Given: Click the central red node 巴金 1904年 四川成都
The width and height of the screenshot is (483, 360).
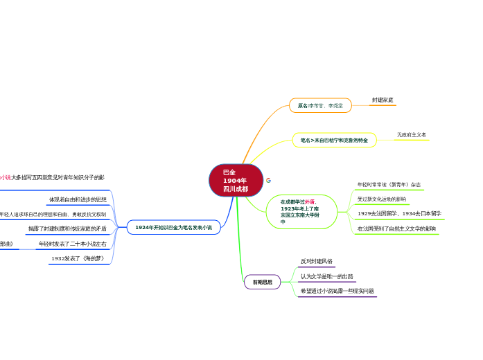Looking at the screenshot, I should pyautogui.click(x=236, y=181).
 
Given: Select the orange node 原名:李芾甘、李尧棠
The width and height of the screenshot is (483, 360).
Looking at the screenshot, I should pyautogui.click(x=320, y=105).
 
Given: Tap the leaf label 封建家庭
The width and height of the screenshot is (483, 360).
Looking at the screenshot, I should pyautogui.click(x=383, y=100).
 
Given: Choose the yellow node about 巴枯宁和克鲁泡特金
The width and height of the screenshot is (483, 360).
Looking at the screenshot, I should pyautogui.click(x=334, y=140).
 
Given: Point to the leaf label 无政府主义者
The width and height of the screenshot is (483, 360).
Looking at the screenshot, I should pyautogui.click(x=412, y=135).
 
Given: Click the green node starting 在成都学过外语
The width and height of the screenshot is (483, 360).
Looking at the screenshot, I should pyautogui.click(x=301, y=212).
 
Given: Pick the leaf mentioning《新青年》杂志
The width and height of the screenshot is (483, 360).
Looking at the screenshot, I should pyautogui.click(x=389, y=185).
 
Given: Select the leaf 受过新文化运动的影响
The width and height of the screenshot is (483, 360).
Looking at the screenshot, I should pyautogui.click(x=382, y=199).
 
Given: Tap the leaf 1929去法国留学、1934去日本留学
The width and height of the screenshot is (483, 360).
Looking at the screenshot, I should pyautogui.click(x=399, y=213).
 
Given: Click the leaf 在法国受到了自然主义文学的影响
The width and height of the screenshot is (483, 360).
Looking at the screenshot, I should pyautogui.click(x=396, y=228).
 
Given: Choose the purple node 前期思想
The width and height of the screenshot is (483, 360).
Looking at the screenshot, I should pyautogui.click(x=262, y=282).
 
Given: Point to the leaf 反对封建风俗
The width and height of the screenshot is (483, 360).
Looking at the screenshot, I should pyautogui.click(x=317, y=262).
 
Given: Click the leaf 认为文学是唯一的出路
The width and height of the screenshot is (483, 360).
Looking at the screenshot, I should pyautogui.click(x=326, y=276).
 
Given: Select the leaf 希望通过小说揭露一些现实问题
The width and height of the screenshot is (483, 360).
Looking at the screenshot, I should pyautogui.click(x=337, y=291).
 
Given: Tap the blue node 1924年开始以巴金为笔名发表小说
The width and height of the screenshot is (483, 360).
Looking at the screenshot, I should pyautogui.click(x=173, y=227).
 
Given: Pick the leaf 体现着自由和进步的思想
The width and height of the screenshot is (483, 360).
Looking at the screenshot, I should pyautogui.click(x=78, y=199).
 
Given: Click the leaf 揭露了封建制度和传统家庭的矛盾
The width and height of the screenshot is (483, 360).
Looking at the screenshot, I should pyautogui.click(x=67, y=228).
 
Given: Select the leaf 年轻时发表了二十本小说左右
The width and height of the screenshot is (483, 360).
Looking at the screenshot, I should pyautogui.click(x=72, y=244).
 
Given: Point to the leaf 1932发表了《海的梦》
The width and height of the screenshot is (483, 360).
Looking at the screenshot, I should pyautogui.click(x=78, y=259).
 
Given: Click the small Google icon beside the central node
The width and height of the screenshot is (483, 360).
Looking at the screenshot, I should pyautogui.click(x=269, y=180).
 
